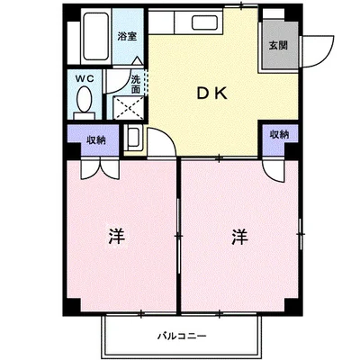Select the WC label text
click(85, 79)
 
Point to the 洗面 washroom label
click(135, 85)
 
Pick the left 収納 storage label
click(96, 140)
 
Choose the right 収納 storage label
click(279, 134)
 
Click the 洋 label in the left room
click(116, 237)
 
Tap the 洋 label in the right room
click(238, 237)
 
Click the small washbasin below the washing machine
click(133, 140)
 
